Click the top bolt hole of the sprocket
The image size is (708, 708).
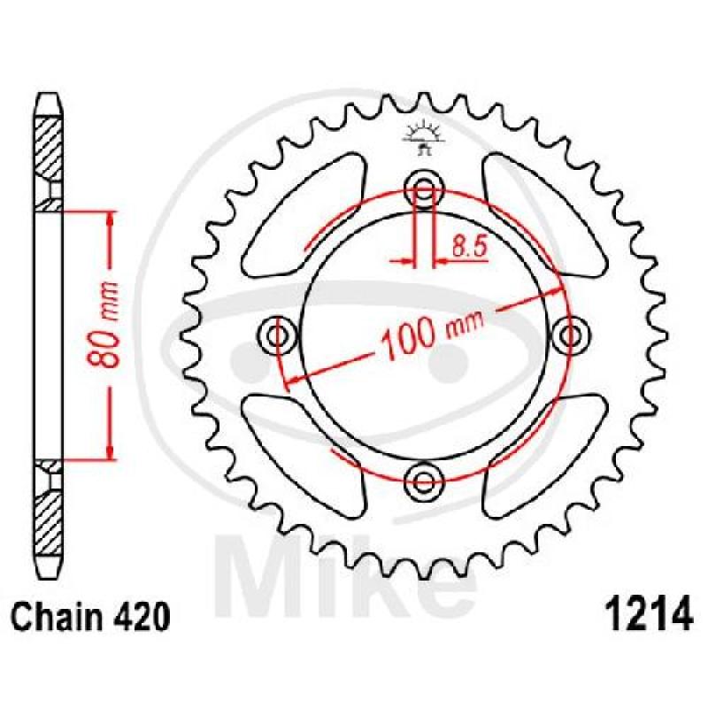[423, 189]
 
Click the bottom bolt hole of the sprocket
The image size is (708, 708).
[423, 481]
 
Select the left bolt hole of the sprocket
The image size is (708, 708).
[277, 335]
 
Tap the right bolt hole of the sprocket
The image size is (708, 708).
[569, 335]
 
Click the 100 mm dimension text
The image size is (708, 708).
[432, 333]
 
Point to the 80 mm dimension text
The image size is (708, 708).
[103, 323]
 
